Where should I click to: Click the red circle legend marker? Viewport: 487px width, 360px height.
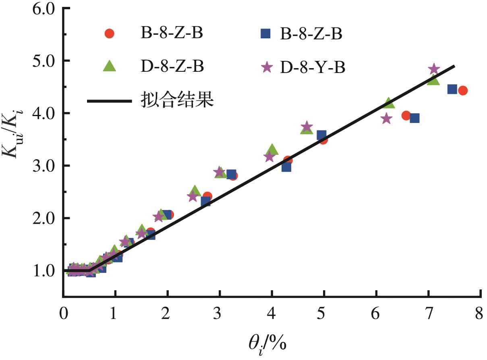coord(110,34)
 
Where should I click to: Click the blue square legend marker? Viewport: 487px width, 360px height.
coord(265,34)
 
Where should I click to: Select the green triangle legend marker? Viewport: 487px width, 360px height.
coord(110,66)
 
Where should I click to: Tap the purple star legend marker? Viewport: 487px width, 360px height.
coord(266,68)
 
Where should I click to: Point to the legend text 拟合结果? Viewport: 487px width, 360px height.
coord(177,100)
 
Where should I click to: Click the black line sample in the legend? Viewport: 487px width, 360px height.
coord(110,101)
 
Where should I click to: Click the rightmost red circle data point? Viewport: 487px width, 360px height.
coord(462,90)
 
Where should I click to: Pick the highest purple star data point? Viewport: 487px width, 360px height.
coord(434,69)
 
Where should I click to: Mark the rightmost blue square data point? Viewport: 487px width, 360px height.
coord(452,89)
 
